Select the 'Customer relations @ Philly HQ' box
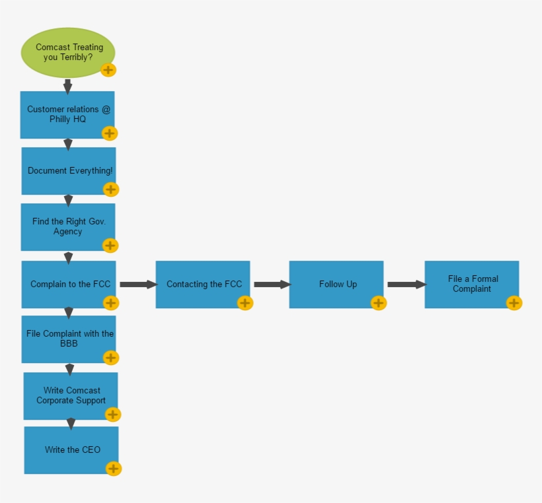[67, 114]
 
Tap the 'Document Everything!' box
[68, 170]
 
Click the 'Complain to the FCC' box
[68, 284]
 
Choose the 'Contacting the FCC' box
[202, 284]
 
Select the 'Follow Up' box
[336, 284]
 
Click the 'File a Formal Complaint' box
[471, 284]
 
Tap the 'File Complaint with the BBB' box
[69, 339]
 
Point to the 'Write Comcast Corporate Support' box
[70, 395]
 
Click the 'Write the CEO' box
[71, 450]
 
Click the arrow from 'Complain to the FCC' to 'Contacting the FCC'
[138, 285]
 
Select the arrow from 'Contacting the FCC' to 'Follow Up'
[272, 285]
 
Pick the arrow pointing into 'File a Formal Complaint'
[406, 285]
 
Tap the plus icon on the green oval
[108, 70]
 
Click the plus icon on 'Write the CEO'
[114, 469]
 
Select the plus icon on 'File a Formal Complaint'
[514, 303]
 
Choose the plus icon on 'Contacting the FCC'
[245, 303]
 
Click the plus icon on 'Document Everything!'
[111, 189]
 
